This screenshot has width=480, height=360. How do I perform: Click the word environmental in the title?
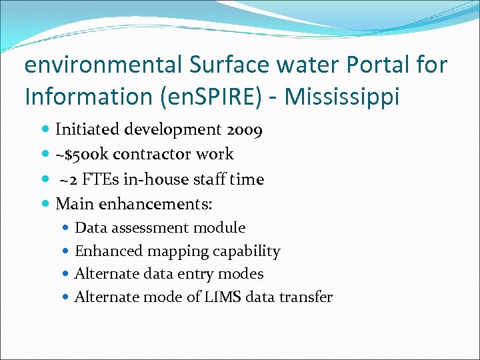(103, 65)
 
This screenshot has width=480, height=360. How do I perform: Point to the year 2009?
(243, 129)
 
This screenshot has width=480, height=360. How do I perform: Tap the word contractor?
(153, 154)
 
